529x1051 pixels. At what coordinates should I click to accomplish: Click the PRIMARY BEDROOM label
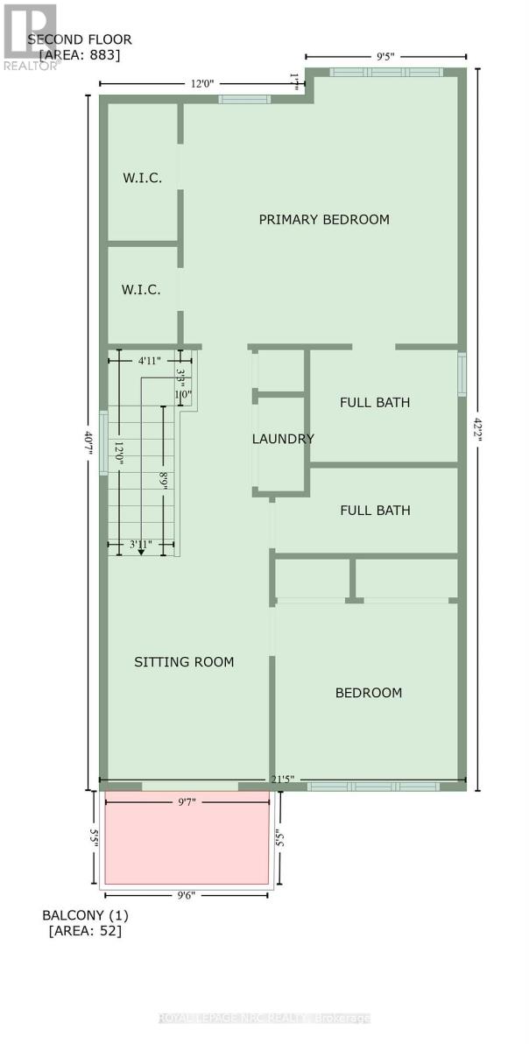point(324,219)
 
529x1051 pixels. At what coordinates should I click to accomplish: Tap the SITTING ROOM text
point(184,662)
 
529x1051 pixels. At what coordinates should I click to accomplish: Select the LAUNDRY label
point(283,439)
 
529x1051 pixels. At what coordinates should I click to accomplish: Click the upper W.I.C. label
point(141,178)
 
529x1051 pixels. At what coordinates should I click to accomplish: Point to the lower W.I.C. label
point(141,289)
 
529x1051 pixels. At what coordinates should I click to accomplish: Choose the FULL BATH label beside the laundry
point(375,403)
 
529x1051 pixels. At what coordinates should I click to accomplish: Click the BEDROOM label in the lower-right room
point(369,693)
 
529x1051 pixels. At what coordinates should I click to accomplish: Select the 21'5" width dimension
point(281,779)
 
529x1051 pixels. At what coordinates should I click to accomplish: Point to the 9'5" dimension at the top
point(385,57)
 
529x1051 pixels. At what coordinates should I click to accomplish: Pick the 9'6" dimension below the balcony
point(186,895)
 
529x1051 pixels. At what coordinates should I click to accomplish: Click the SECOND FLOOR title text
point(80,39)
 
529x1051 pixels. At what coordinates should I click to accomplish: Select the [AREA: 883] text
point(80,54)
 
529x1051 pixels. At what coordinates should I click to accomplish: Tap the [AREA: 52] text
point(84,931)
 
